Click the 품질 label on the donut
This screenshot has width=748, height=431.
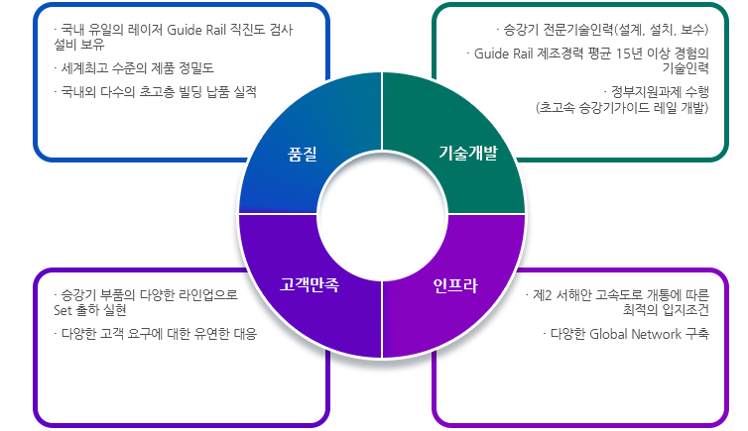(x=302, y=155)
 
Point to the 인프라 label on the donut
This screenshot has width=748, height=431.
(x=455, y=286)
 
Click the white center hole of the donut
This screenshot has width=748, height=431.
(x=382, y=215)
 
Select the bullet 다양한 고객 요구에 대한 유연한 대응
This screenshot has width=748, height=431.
(x=155, y=334)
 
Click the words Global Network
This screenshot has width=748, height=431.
(x=631, y=334)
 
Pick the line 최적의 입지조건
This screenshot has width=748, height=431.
(x=666, y=310)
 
